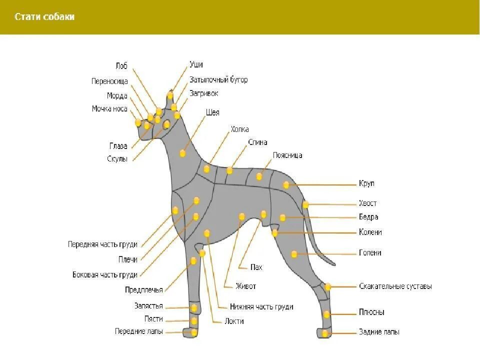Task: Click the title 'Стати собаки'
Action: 44,17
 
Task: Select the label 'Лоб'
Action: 121,66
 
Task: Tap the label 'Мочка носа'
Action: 109,109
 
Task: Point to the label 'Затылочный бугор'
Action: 218,80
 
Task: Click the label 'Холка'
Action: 239,129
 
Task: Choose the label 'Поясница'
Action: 287,155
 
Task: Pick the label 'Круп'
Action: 366,184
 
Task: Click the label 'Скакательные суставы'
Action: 395,286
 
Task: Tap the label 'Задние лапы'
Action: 379,332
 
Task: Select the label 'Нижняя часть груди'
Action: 261,307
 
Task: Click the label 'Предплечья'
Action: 144,290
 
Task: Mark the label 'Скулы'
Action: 117,159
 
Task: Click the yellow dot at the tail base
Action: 305,204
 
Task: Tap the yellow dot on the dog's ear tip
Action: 170,95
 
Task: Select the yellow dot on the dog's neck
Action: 182,153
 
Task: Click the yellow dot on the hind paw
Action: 324,333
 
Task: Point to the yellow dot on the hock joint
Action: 328,287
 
